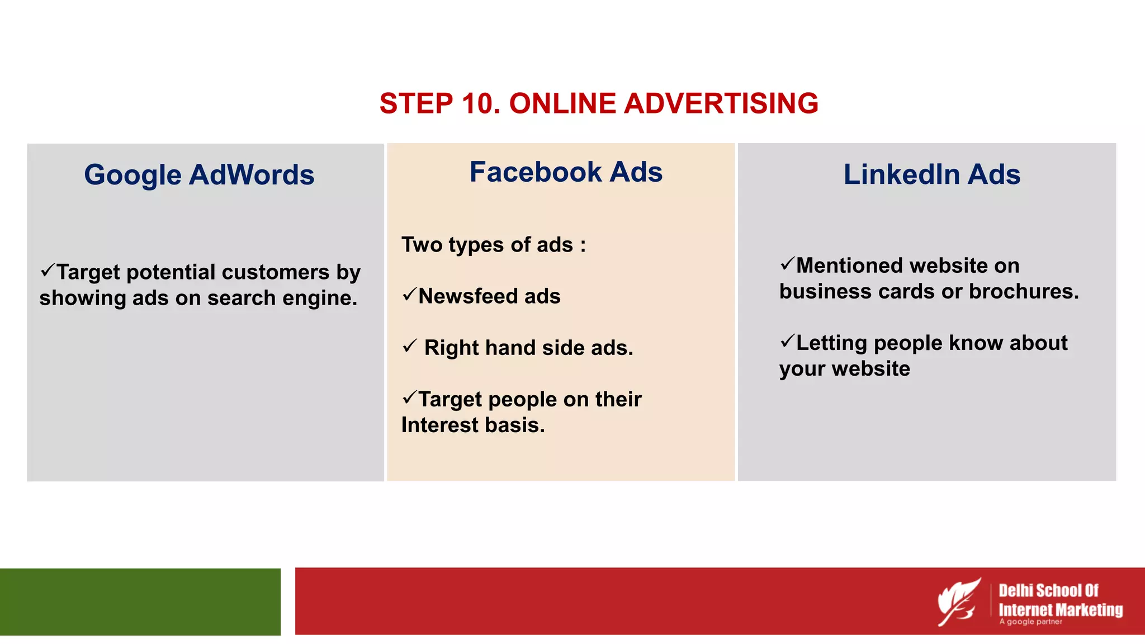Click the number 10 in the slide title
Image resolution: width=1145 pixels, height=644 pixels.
click(x=481, y=104)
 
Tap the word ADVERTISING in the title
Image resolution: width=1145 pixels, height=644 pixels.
click(x=721, y=104)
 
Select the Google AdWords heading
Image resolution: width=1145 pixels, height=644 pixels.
click(x=199, y=174)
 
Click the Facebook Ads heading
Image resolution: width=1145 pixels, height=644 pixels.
click(x=566, y=172)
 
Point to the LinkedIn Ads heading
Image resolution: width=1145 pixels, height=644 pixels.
click(x=931, y=174)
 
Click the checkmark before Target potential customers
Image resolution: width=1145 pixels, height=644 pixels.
click(x=48, y=271)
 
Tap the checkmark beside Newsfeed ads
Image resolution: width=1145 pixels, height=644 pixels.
click(x=409, y=294)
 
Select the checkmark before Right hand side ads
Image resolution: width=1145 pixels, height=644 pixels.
click(x=409, y=346)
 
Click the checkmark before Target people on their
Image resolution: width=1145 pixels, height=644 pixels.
click(x=409, y=397)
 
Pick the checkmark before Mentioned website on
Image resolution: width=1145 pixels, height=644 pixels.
click(x=787, y=263)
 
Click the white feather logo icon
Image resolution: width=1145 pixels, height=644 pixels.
click(x=959, y=602)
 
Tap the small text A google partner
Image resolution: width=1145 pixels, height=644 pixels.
click(x=1030, y=622)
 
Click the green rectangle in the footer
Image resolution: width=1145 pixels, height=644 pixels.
click(x=140, y=602)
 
